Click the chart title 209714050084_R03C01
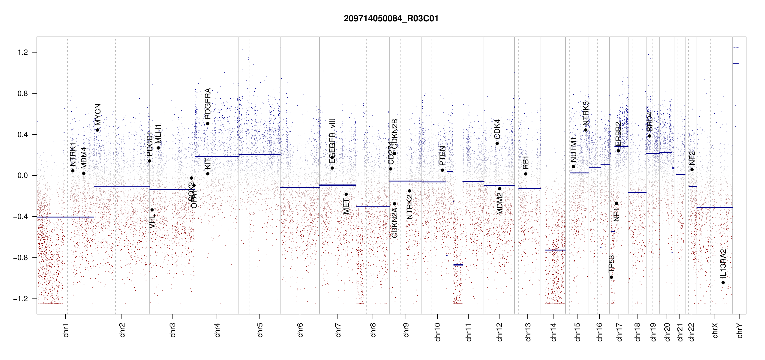click(391, 19)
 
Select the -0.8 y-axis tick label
click(21, 258)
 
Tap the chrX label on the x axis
click(715, 331)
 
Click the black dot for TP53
click(611, 277)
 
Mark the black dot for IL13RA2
click(723, 283)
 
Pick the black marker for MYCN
click(98, 130)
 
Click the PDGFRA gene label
click(208, 104)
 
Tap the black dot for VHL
click(152, 210)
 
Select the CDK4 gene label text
click(497, 129)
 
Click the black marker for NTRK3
click(586, 130)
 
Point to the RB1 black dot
click(526, 174)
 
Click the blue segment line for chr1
click(65, 217)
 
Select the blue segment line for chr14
click(555, 250)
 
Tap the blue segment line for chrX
click(714, 207)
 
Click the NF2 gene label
click(692, 158)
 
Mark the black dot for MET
click(346, 194)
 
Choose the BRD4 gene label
click(649, 121)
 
